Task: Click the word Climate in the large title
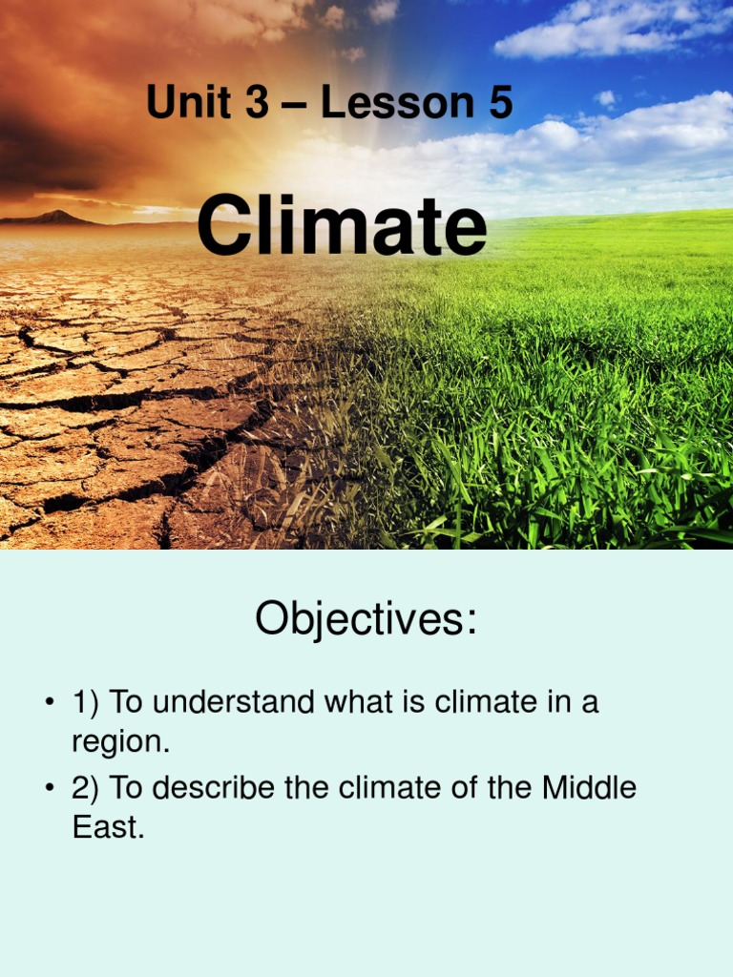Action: coord(341,226)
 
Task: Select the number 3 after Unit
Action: coord(257,103)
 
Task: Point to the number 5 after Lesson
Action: coord(500,103)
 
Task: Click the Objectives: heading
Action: coord(366,620)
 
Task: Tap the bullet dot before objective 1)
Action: coord(49,704)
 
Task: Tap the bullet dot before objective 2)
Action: coord(49,790)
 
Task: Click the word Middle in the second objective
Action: coord(589,788)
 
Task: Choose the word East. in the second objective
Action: coord(108,827)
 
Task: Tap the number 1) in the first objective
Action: coord(86,703)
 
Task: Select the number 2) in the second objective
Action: coord(86,789)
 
